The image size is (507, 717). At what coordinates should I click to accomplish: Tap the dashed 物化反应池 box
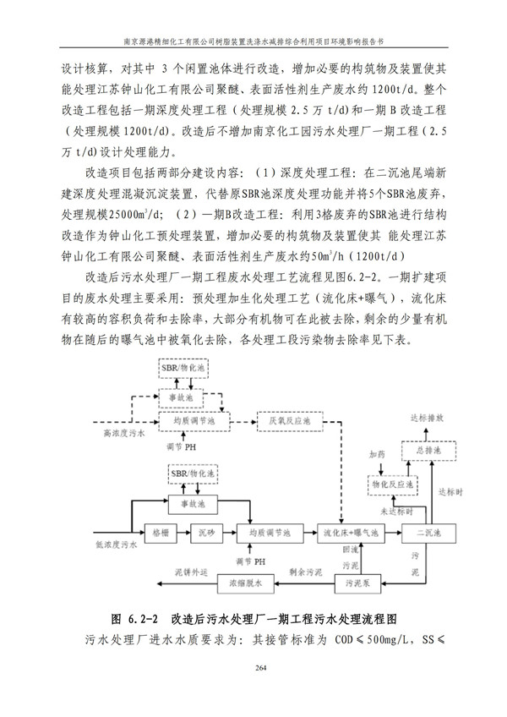390,485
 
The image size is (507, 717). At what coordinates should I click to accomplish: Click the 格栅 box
161,534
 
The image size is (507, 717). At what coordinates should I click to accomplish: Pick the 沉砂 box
208,534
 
